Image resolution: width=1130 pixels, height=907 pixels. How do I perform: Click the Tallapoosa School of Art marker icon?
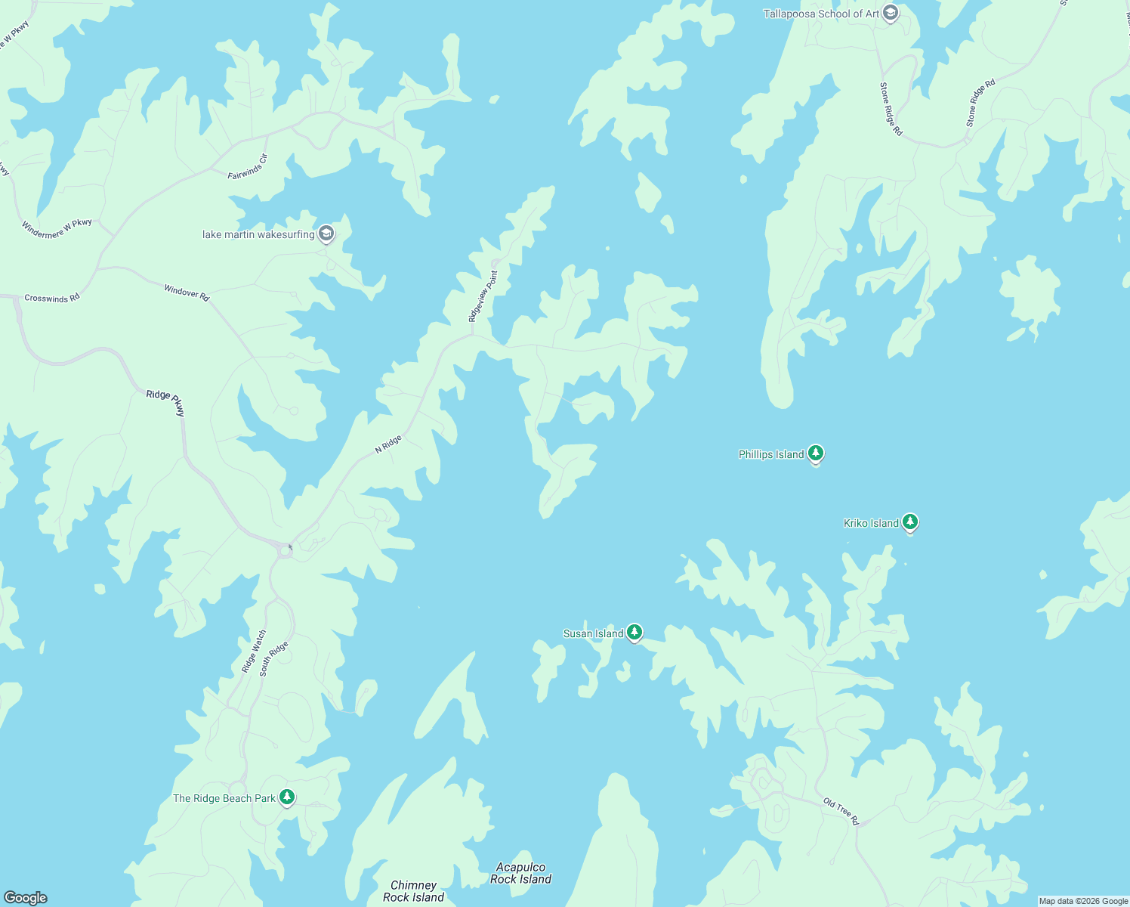(x=891, y=13)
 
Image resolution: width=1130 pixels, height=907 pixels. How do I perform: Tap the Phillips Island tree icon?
(x=815, y=453)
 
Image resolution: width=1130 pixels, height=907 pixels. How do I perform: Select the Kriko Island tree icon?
(x=910, y=522)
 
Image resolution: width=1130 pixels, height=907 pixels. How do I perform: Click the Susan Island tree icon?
(x=634, y=633)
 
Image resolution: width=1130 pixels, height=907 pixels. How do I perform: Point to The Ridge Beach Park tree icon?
(x=286, y=797)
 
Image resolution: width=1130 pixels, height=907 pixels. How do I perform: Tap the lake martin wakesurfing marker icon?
(x=326, y=234)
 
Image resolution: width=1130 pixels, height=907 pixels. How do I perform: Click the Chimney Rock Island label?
(x=413, y=891)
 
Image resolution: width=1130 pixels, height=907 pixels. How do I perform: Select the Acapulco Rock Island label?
(x=520, y=873)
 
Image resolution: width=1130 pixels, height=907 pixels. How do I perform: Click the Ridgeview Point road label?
(x=483, y=296)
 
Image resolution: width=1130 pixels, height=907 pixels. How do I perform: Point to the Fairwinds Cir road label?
(x=248, y=166)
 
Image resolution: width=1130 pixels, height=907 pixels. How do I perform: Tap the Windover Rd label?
(x=187, y=292)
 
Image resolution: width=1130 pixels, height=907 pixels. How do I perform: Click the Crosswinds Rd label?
(x=51, y=299)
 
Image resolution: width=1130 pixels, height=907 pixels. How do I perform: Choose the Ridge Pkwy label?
(x=165, y=403)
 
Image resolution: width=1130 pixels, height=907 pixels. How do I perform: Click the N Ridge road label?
(x=388, y=444)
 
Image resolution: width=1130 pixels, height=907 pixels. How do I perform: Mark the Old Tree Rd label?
(x=841, y=812)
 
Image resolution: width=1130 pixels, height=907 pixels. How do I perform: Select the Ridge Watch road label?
(x=254, y=652)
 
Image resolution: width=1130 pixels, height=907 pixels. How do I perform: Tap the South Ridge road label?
(x=273, y=658)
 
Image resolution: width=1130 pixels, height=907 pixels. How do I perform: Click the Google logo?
(x=25, y=898)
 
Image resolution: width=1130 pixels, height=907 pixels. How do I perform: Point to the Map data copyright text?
(x=1083, y=901)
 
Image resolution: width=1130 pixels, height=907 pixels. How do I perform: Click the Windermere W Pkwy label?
(x=57, y=228)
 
